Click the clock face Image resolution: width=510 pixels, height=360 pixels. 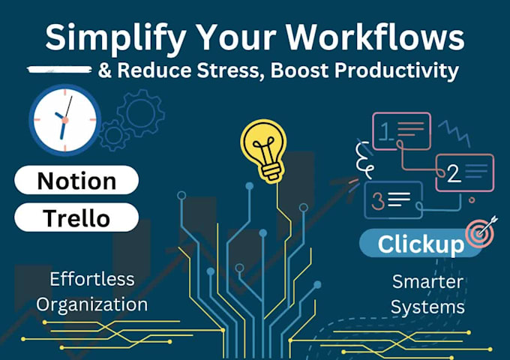tap(64, 118)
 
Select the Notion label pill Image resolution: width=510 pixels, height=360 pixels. tap(76, 181)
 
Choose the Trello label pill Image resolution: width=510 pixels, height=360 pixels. tap(76, 217)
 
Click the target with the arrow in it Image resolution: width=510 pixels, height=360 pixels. tap(481, 232)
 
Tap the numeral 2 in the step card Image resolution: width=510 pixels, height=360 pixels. tap(453, 174)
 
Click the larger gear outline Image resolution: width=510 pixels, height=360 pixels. tap(140, 112)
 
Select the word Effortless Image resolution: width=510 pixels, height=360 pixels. tap(92, 279)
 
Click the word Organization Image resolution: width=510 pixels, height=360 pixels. tap(92, 304)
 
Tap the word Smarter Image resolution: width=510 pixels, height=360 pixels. tap(428, 282)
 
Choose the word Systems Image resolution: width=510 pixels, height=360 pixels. tap(428, 307)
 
